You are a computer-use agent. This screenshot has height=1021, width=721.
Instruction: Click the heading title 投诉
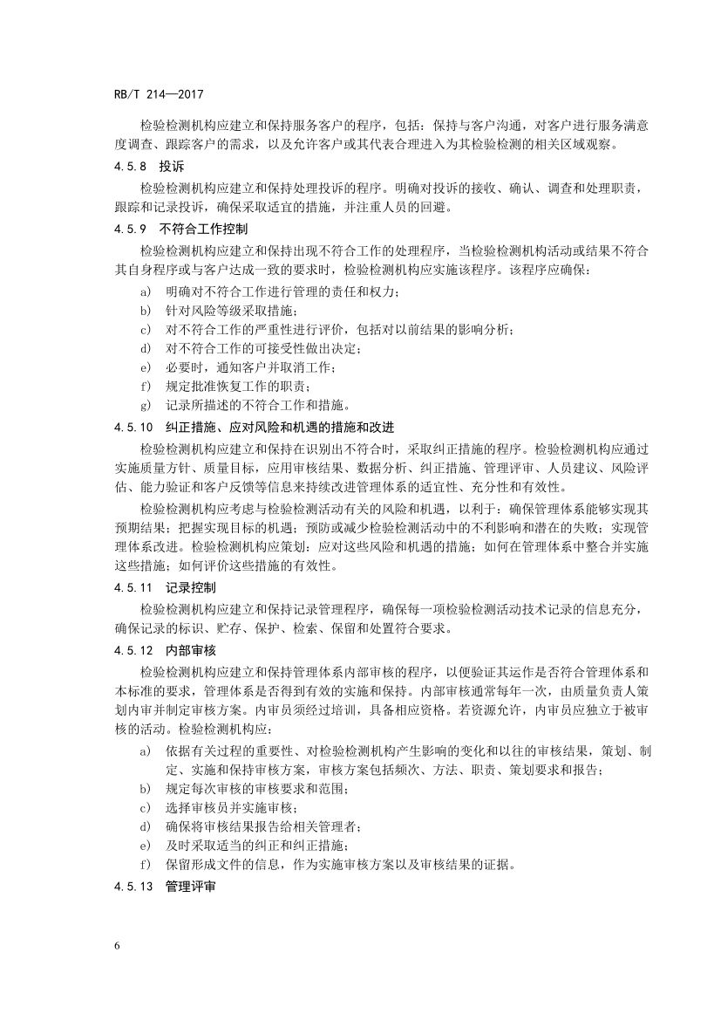pos(172,165)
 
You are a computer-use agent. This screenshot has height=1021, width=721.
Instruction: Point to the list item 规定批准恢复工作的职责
pos(237,385)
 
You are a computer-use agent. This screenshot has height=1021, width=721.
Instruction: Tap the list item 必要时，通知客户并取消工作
pos(249,367)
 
